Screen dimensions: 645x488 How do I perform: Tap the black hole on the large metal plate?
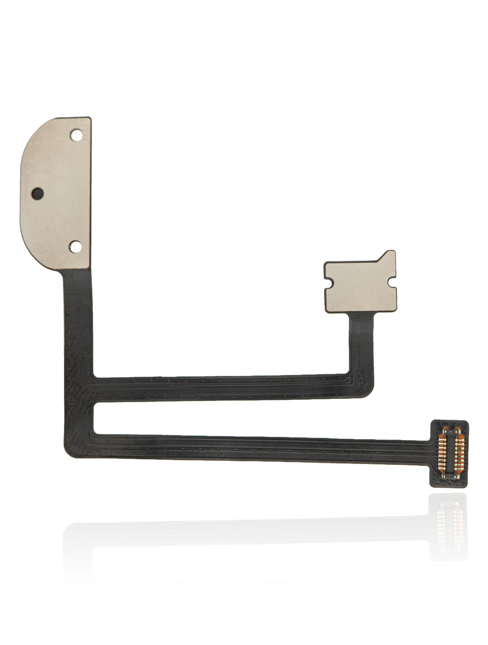[x=37, y=192]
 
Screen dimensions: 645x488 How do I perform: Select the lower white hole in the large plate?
[x=75, y=246]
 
